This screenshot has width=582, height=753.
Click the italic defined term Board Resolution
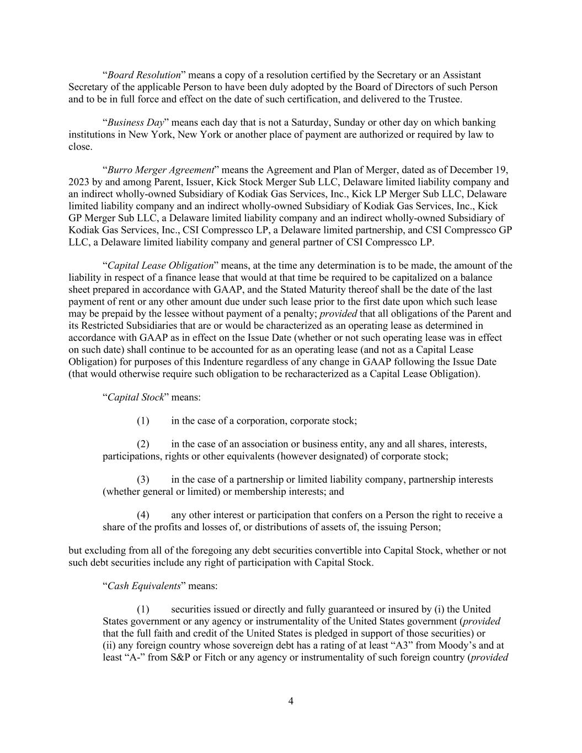coord(144,75)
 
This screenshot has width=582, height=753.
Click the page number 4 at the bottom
coord(291,701)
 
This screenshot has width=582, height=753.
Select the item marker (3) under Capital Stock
coord(143,480)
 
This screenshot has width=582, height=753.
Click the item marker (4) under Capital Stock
coord(143,515)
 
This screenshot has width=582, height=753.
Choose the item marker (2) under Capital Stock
coord(143,445)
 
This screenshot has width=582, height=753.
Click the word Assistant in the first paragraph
coord(461,75)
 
